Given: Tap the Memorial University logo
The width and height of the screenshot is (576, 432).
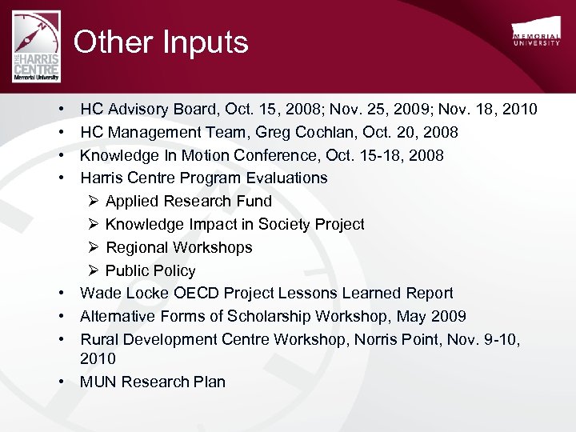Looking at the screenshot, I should tap(536, 34).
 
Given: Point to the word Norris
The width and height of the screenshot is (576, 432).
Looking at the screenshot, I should tap(353, 339).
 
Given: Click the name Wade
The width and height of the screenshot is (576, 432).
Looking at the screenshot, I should tap(99, 293).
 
